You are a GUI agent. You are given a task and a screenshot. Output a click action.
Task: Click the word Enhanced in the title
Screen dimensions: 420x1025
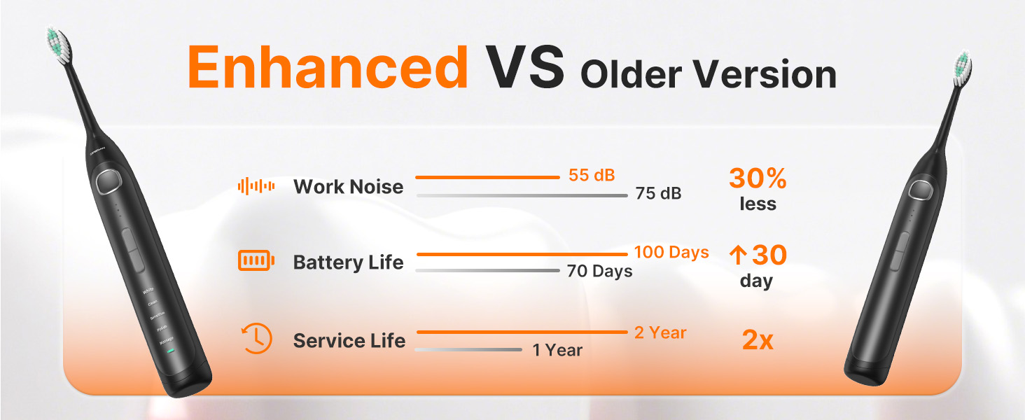(x=328, y=68)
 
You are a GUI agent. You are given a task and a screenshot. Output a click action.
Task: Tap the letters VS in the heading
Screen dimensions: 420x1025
(x=527, y=68)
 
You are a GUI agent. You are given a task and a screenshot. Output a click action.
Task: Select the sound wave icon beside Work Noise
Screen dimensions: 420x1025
(x=256, y=186)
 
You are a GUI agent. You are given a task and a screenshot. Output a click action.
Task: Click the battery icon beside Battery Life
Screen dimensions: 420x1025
(x=256, y=262)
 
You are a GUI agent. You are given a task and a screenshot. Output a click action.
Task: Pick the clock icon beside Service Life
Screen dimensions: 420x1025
(x=256, y=339)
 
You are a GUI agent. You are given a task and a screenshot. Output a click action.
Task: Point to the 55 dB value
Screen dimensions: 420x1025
(x=592, y=175)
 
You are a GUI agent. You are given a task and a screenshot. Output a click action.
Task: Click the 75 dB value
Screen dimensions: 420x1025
(x=658, y=193)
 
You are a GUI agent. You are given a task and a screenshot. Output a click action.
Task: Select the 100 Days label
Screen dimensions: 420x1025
(x=671, y=252)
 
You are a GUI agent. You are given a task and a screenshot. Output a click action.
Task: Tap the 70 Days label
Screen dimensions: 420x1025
(x=599, y=271)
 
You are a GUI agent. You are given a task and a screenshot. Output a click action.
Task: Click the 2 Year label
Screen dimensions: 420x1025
(x=660, y=332)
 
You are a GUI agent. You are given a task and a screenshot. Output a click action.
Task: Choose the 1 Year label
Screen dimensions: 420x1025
(x=557, y=350)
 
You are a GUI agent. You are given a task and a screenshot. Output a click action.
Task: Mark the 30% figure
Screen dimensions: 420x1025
(x=758, y=179)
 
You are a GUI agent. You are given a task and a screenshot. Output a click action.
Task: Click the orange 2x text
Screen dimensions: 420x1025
(x=758, y=340)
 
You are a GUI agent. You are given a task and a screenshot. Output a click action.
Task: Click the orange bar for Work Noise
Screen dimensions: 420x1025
(x=488, y=178)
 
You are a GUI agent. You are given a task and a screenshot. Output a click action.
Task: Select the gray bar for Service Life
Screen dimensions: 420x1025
(x=468, y=349)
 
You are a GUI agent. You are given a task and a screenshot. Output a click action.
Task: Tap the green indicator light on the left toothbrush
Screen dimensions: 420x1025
(x=170, y=350)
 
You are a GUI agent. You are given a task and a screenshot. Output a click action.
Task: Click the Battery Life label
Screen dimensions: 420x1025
(x=348, y=262)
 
